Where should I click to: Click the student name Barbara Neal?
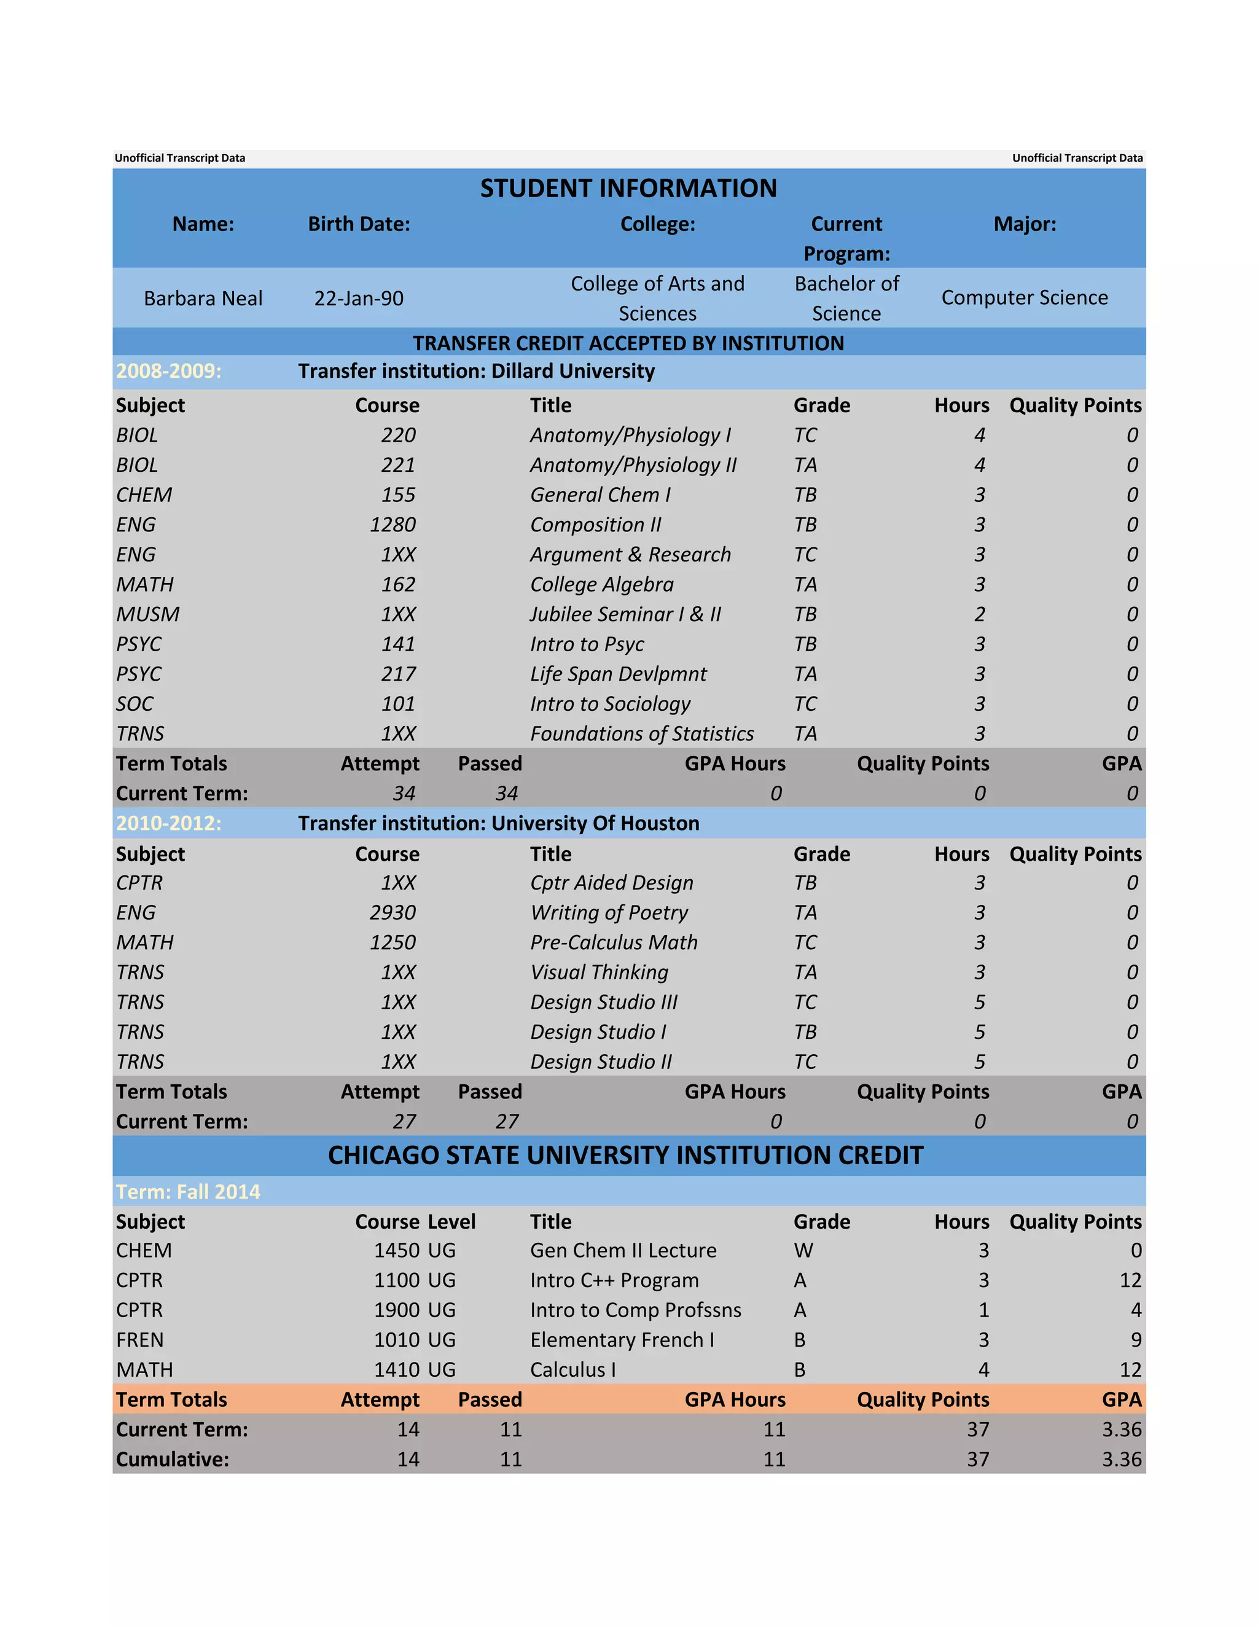pos(203,298)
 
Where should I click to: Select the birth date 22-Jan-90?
pos(359,298)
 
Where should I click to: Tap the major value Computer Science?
pos(1024,297)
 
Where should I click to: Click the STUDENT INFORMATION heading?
pos(628,188)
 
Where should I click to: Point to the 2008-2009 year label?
pos(168,370)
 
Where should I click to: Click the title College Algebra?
pos(601,584)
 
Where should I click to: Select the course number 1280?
pos(393,525)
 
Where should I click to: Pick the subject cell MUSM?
pos(147,614)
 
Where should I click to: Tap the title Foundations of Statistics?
pos(642,734)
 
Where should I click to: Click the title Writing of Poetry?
pos(609,912)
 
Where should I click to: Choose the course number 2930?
pos(393,912)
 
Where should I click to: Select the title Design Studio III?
pos(604,1002)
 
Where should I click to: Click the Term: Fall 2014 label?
pos(188,1191)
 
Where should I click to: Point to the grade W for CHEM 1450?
pos(803,1250)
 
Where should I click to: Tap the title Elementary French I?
pos(622,1339)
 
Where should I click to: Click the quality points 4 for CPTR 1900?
pos(1135,1310)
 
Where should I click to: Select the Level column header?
pos(451,1221)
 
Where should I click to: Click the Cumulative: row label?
pos(172,1459)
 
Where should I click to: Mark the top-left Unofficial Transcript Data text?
pos(179,158)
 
